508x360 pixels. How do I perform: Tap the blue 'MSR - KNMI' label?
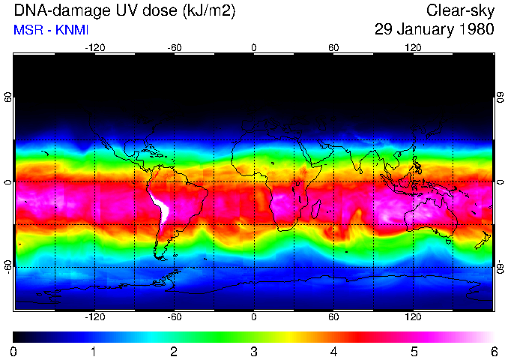click(x=49, y=31)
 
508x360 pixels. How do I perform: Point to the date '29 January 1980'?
click(x=435, y=31)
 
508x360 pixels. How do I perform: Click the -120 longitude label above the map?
click(x=94, y=47)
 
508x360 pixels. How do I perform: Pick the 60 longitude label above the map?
click(x=333, y=47)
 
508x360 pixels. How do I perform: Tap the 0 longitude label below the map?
click(x=254, y=317)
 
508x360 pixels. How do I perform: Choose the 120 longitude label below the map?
click(x=413, y=317)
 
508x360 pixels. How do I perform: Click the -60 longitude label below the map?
click(x=175, y=317)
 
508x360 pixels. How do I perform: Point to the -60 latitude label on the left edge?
click(x=8, y=266)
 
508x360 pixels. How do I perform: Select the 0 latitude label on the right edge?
click(x=500, y=182)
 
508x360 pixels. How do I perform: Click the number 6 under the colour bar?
click(x=493, y=351)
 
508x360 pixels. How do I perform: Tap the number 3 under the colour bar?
click(x=254, y=351)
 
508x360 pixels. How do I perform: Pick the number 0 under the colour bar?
click(x=14, y=351)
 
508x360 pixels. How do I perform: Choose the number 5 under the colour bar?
click(x=414, y=351)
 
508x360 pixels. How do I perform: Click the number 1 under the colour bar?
click(x=94, y=351)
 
